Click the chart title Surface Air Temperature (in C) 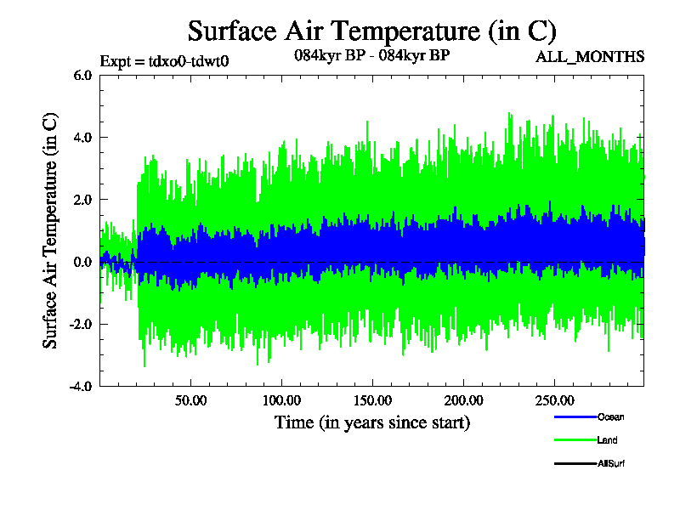pyautogui.click(x=371, y=31)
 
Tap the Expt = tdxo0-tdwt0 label pyautogui.click(x=164, y=60)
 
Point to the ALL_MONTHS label pyautogui.click(x=589, y=57)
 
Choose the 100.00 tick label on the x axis pyautogui.click(x=281, y=399)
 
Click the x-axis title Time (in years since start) pyautogui.click(x=372, y=422)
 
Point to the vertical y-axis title pyautogui.click(x=51, y=230)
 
